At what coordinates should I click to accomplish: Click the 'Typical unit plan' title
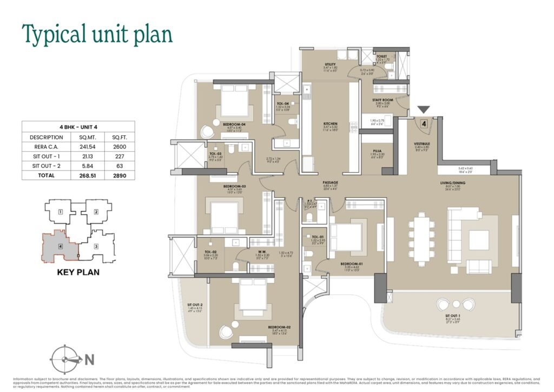point(97,34)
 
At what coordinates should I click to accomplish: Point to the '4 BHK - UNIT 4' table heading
point(78,127)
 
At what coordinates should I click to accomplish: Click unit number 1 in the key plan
point(61,212)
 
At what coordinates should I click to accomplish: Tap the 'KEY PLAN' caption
point(78,272)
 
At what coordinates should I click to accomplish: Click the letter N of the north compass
point(90,359)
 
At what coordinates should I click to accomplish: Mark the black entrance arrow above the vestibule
point(424,110)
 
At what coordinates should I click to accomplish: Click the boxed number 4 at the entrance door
point(424,123)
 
